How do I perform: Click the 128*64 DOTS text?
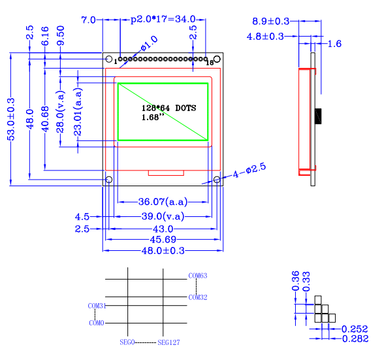(168, 108)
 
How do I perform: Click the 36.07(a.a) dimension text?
(162, 201)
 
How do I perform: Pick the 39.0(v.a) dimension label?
(163, 216)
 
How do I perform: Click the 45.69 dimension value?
(163, 240)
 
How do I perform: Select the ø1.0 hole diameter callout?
(149, 44)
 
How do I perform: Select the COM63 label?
(197, 276)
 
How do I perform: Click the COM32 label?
(197, 297)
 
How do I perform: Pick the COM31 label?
(96, 305)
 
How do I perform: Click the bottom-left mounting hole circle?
(109, 180)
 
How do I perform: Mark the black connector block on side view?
(317, 116)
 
